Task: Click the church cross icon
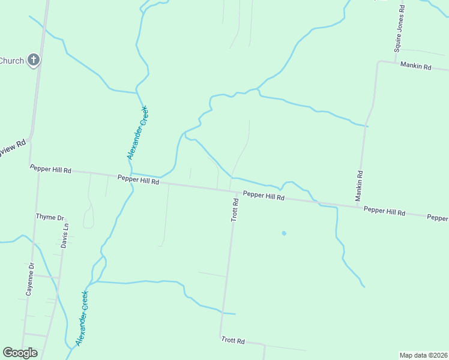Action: click(34, 60)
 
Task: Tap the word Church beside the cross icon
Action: click(11, 61)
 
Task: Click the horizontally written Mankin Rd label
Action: click(416, 67)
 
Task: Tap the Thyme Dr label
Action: click(50, 217)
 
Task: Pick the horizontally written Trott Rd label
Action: click(232, 341)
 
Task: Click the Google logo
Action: click(20, 353)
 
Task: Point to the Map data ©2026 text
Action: click(423, 355)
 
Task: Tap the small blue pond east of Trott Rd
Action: click(283, 233)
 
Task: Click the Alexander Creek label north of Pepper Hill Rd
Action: click(138, 133)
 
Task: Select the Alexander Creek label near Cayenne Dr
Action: click(82, 318)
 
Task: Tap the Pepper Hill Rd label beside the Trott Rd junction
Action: click(264, 196)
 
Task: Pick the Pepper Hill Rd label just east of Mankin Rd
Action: click(384, 211)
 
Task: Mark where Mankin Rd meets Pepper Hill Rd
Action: click(358, 207)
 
